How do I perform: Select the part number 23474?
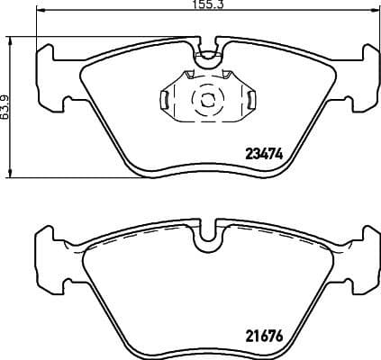[x=265, y=153]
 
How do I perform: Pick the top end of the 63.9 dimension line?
[x=10, y=37]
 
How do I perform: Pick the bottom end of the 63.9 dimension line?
[x=10, y=176]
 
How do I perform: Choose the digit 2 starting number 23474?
[x=249, y=153]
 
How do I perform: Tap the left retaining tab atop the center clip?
[x=190, y=75]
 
